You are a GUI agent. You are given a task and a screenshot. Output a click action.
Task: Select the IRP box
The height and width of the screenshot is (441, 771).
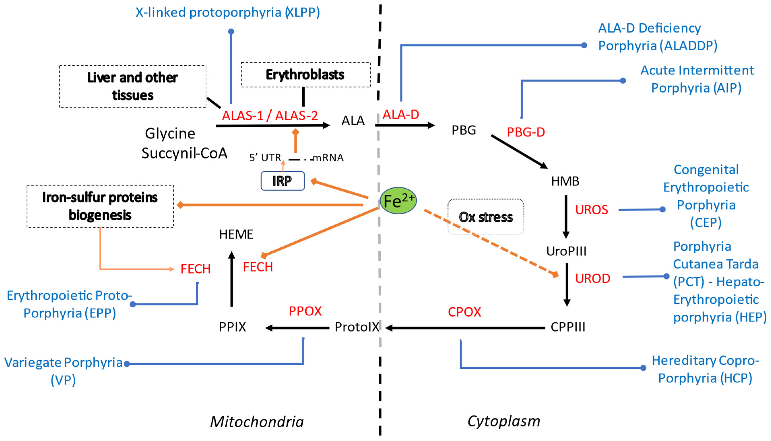(x=282, y=181)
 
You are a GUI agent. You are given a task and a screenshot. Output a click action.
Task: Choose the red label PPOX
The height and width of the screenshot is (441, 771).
(x=305, y=311)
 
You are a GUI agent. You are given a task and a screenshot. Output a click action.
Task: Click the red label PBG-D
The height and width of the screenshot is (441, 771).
(x=526, y=132)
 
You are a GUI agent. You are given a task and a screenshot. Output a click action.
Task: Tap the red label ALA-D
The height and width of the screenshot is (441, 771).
(x=401, y=115)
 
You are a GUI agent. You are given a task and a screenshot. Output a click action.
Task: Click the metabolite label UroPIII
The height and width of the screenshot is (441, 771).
(x=566, y=251)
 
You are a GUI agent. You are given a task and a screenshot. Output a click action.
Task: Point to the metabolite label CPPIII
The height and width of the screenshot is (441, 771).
(x=568, y=327)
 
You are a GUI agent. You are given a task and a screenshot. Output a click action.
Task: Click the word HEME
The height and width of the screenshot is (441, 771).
(x=236, y=234)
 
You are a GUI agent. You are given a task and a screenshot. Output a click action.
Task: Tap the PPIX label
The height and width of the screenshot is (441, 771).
(x=232, y=327)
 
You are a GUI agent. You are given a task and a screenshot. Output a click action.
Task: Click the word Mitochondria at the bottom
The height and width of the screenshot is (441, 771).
(x=257, y=422)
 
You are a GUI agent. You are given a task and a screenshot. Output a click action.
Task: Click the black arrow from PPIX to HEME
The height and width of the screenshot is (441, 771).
(x=232, y=279)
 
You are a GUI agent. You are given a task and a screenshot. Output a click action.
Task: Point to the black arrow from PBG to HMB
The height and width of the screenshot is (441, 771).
(x=519, y=151)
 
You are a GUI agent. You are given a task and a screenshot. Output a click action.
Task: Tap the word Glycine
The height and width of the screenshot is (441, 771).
(x=170, y=134)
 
